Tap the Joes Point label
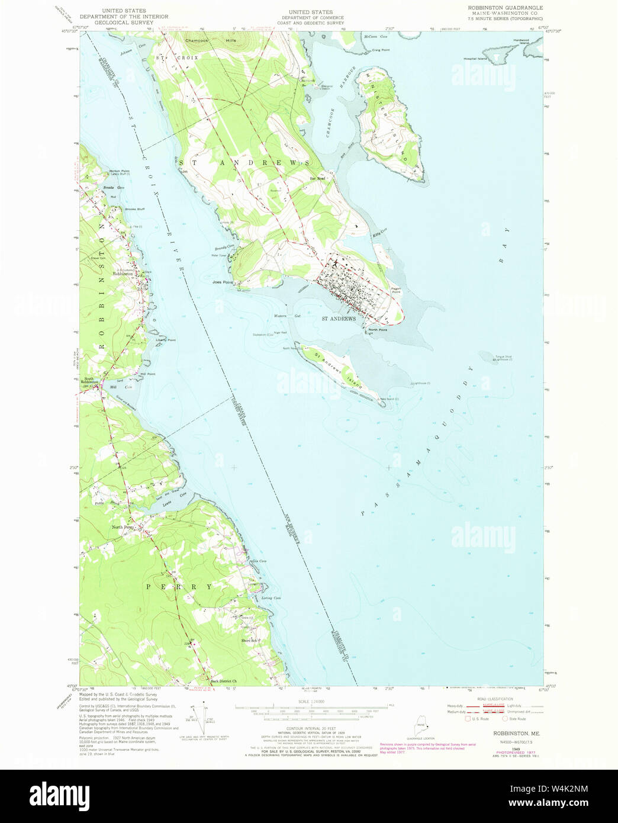click(x=223, y=282)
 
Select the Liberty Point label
click(x=166, y=340)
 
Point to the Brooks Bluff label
click(x=134, y=209)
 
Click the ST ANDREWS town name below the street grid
click(x=339, y=319)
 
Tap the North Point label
click(x=378, y=330)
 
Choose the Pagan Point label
click(x=395, y=290)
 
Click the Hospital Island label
click(x=475, y=59)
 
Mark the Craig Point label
click(x=381, y=50)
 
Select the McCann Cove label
click(x=375, y=37)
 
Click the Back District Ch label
click(x=224, y=681)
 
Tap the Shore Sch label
click(x=249, y=641)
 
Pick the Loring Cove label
click(x=271, y=598)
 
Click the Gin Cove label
click(x=259, y=561)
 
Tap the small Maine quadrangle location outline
click(x=421, y=725)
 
